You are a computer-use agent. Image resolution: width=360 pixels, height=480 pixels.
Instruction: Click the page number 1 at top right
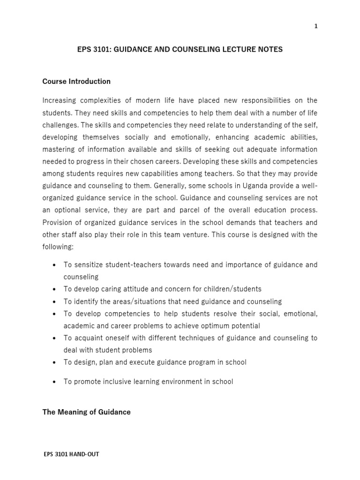(x=316, y=26)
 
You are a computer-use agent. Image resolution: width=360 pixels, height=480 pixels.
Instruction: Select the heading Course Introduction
(x=76, y=82)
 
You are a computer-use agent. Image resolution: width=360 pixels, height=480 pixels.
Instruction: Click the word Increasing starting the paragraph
(x=60, y=100)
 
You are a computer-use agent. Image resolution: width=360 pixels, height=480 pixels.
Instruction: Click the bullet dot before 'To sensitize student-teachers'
(x=54, y=265)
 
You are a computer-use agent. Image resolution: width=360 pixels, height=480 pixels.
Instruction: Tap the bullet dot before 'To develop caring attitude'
(x=54, y=289)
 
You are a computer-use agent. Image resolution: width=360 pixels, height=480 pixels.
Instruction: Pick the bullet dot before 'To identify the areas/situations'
(x=54, y=301)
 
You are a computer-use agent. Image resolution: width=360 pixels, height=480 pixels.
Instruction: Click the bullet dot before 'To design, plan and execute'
(x=54, y=362)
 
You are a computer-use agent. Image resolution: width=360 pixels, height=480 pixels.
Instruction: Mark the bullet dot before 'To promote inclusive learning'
(x=54, y=382)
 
